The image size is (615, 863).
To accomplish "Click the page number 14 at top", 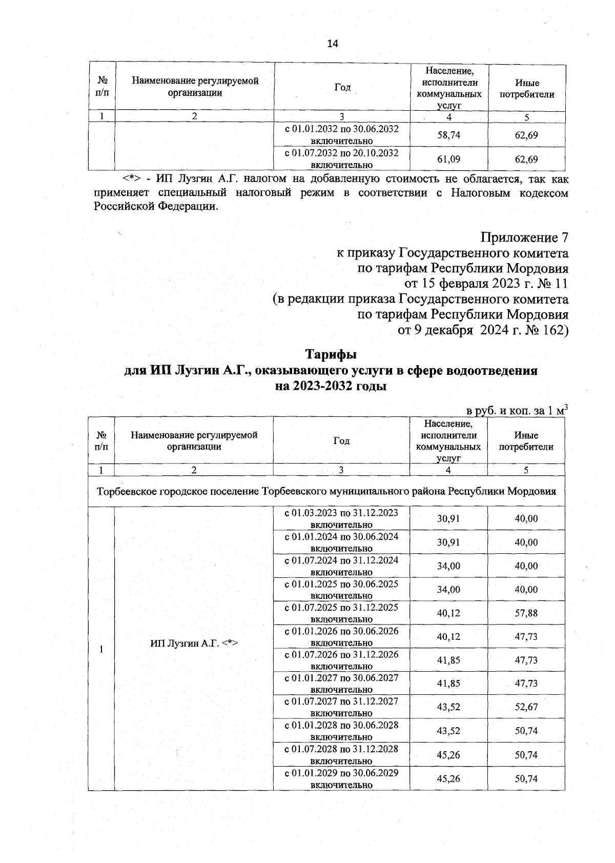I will pyautogui.click(x=332, y=44).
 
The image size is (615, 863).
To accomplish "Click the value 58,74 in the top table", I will pyautogui.click(x=448, y=135).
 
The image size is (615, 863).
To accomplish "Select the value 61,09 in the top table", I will pyautogui.click(x=448, y=159).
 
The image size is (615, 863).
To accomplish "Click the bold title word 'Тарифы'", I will pyautogui.click(x=331, y=354).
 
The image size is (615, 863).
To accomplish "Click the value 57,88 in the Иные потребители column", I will pyautogui.click(x=526, y=613).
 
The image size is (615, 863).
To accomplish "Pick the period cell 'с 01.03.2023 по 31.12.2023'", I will pyautogui.click(x=341, y=518).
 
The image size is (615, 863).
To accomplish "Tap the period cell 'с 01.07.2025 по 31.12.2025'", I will pyautogui.click(x=341, y=613).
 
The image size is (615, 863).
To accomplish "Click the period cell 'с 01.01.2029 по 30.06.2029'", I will pyautogui.click(x=341, y=778).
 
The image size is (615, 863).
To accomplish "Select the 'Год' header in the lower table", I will pyautogui.click(x=341, y=440).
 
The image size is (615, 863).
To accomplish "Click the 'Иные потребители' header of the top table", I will pyautogui.click(x=527, y=88).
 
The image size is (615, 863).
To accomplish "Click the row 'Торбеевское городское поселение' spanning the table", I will pyautogui.click(x=326, y=491).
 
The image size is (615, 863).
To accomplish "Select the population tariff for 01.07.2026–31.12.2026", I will pyautogui.click(x=448, y=660).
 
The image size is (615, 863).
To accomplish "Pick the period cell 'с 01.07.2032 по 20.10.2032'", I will pyautogui.click(x=341, y=158).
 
